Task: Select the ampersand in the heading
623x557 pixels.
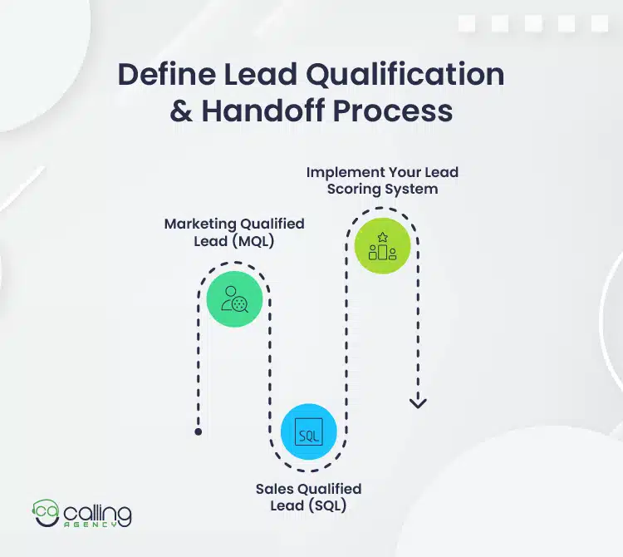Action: tap(181, 111)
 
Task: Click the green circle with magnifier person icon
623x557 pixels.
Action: tap(234, 298)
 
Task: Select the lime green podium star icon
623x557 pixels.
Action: tap(382, 246)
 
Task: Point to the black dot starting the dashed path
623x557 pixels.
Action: tap(198, 432)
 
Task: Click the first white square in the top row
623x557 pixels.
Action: tap(466, 23)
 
